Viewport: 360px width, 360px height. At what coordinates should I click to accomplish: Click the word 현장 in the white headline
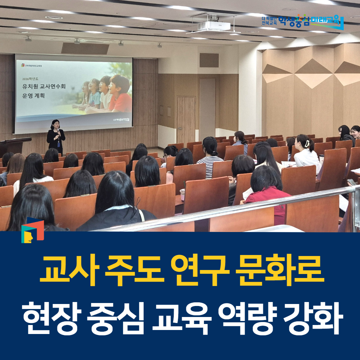pyautogui.click(x=50, y=316)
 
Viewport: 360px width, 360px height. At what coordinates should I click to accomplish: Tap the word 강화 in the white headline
pyautogui.click(x=313, y=316)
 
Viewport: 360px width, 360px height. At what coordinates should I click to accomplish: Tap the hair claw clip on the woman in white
pyautogui.click(x=307, y=143)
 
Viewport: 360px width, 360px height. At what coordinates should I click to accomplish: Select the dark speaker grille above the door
pyautogui.click(x=209, y=60)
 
